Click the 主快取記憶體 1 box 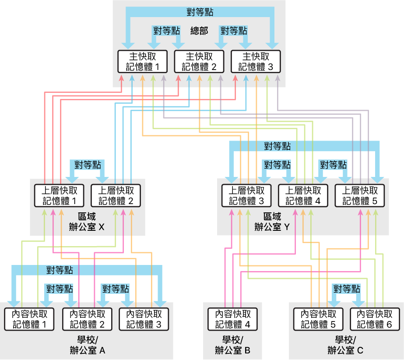point(143,62)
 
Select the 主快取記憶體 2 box point(199,62)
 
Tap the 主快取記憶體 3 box point(256,62)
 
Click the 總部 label point(199,31)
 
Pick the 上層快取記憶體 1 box point(59,196)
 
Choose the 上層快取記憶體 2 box point(115,196)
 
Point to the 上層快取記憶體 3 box point(246,196)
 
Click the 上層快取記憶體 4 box point(303,196)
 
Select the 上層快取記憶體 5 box point(359,196)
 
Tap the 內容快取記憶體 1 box point(28,319)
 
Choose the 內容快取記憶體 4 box point(232,319)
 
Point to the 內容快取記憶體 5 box point(318,319)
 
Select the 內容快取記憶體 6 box point(375,319)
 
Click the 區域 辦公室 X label point(87,222)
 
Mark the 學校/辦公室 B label point(232,345)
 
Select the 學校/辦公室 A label point(87,345)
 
